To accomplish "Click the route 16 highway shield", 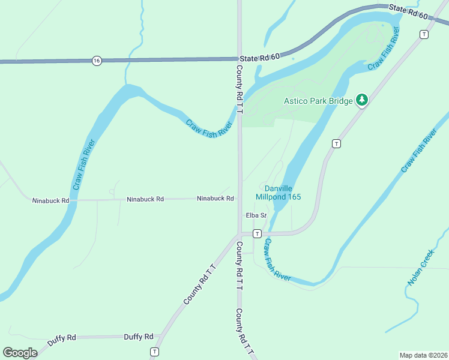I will point(97,61).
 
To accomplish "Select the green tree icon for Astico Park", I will point(361,100).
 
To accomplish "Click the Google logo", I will point(20,353).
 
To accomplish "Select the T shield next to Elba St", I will point(257,233).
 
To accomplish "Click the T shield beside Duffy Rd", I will point(155,352).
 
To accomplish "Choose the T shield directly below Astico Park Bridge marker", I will point(336,143).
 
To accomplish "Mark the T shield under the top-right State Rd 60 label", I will point(424,35).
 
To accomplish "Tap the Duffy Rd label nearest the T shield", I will point(139,337).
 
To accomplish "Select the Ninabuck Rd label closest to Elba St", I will point(215,199).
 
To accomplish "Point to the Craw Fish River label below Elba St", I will point(277,260).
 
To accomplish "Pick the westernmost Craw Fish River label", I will point(83,165).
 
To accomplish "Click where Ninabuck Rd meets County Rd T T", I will point(240,199).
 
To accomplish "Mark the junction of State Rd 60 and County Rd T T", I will point(240,59).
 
